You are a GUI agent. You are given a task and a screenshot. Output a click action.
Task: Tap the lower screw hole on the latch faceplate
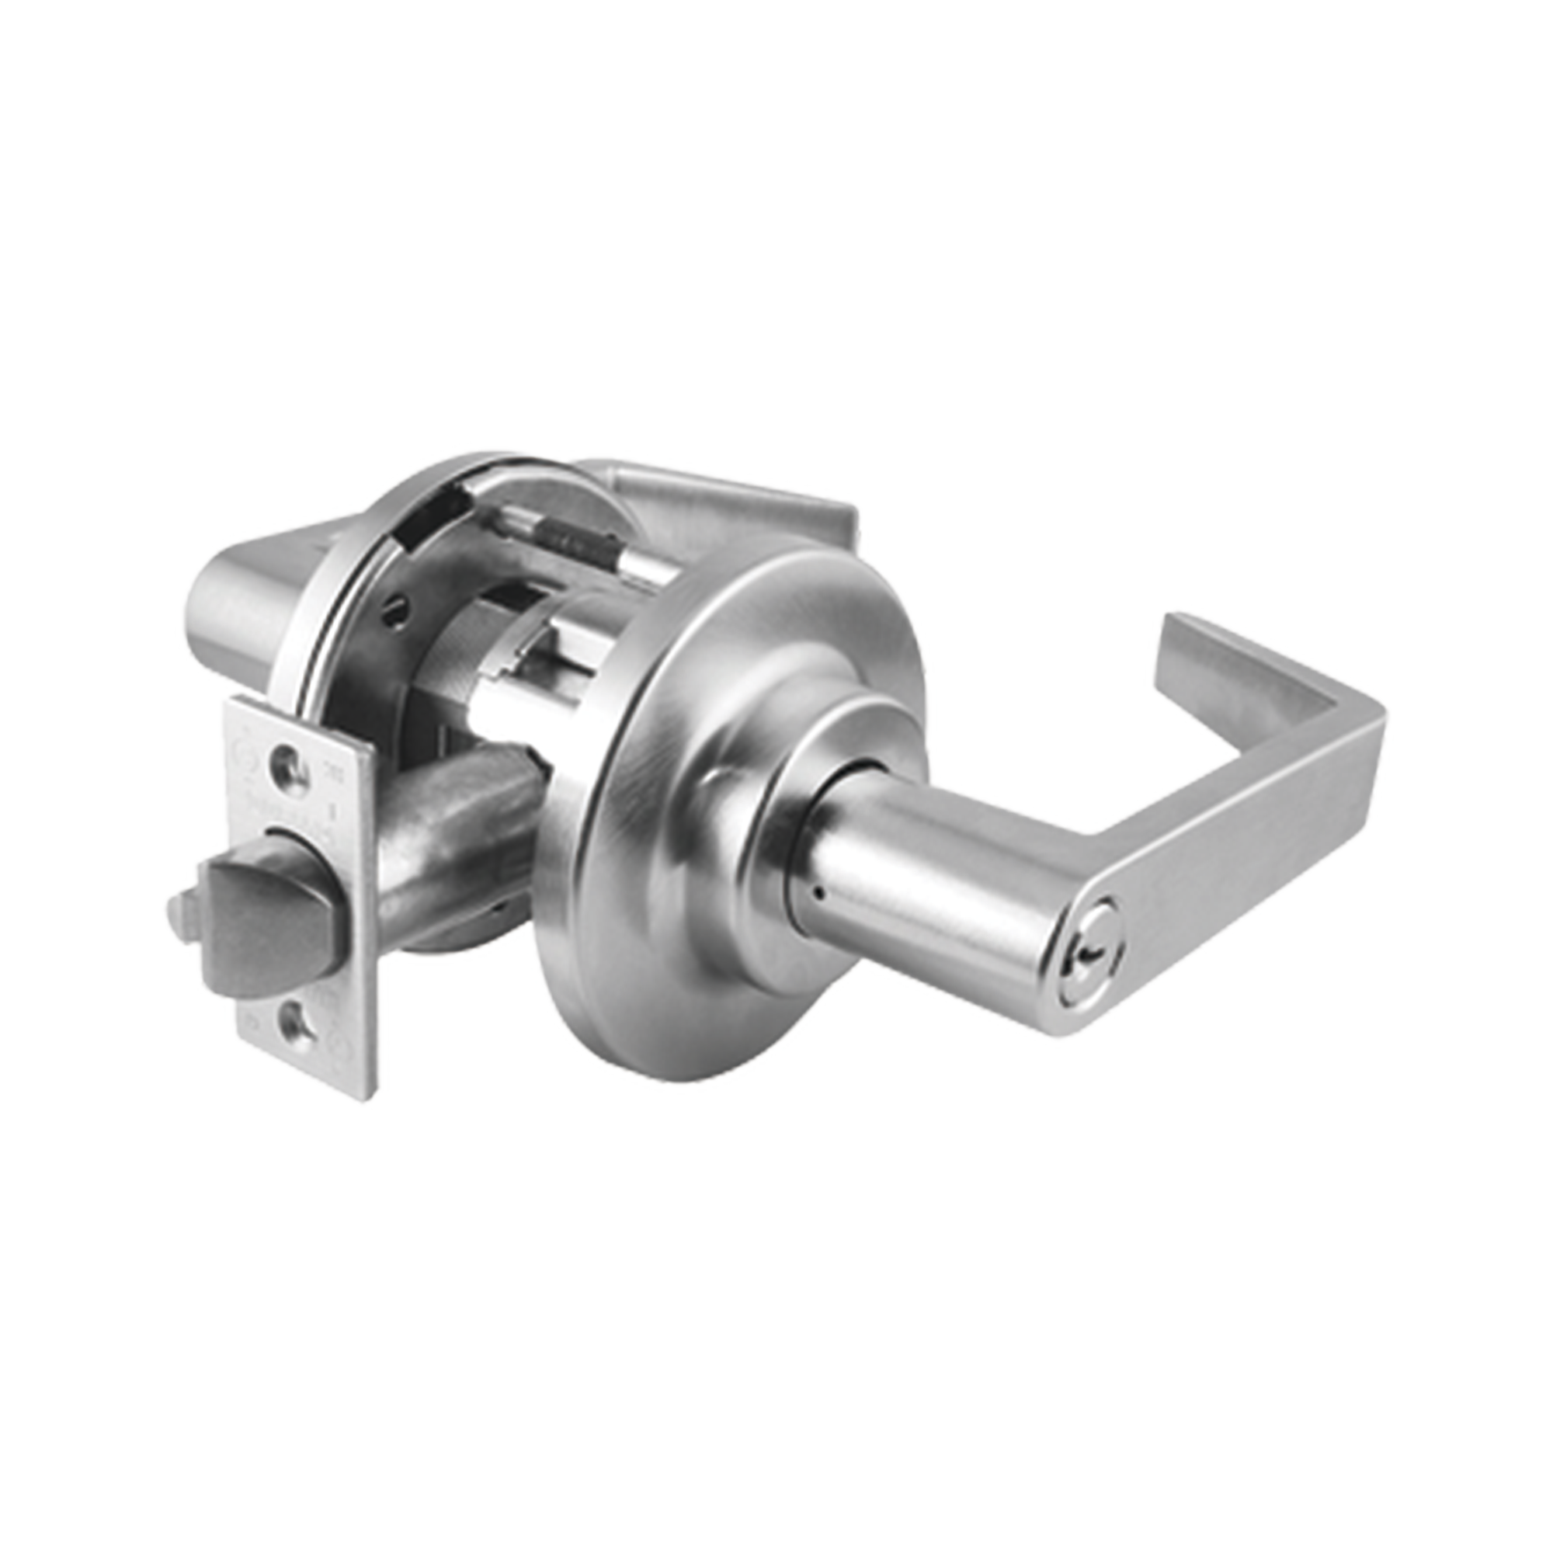(x=291, y=1023)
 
